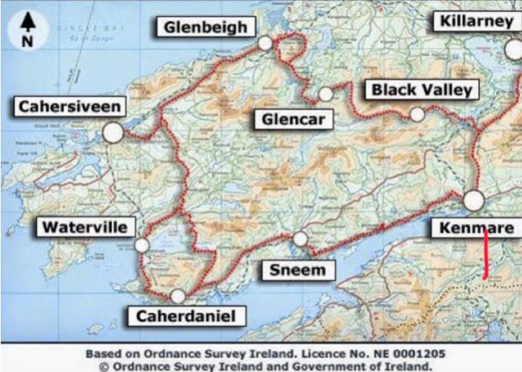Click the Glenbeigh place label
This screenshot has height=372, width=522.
point(205,27)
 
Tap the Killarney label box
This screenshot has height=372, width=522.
point(477,21)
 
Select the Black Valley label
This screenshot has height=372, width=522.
point(421,90)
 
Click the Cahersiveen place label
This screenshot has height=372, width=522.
point(70,106)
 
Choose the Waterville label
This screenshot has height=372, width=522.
point(84,226)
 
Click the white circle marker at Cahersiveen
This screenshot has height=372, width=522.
point(113,132)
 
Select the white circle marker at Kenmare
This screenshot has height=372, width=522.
point(474,200)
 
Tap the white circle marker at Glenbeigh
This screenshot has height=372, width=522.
point(264,43)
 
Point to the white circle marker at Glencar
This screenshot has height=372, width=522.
point(326,94)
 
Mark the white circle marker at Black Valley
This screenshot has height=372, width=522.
point(417,115)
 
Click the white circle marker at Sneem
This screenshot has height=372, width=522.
point(301,239)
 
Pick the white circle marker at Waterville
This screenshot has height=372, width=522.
point(142,245)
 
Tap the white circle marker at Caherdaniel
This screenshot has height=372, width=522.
point(178,296)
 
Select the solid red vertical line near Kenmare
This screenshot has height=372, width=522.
point(485,254)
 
